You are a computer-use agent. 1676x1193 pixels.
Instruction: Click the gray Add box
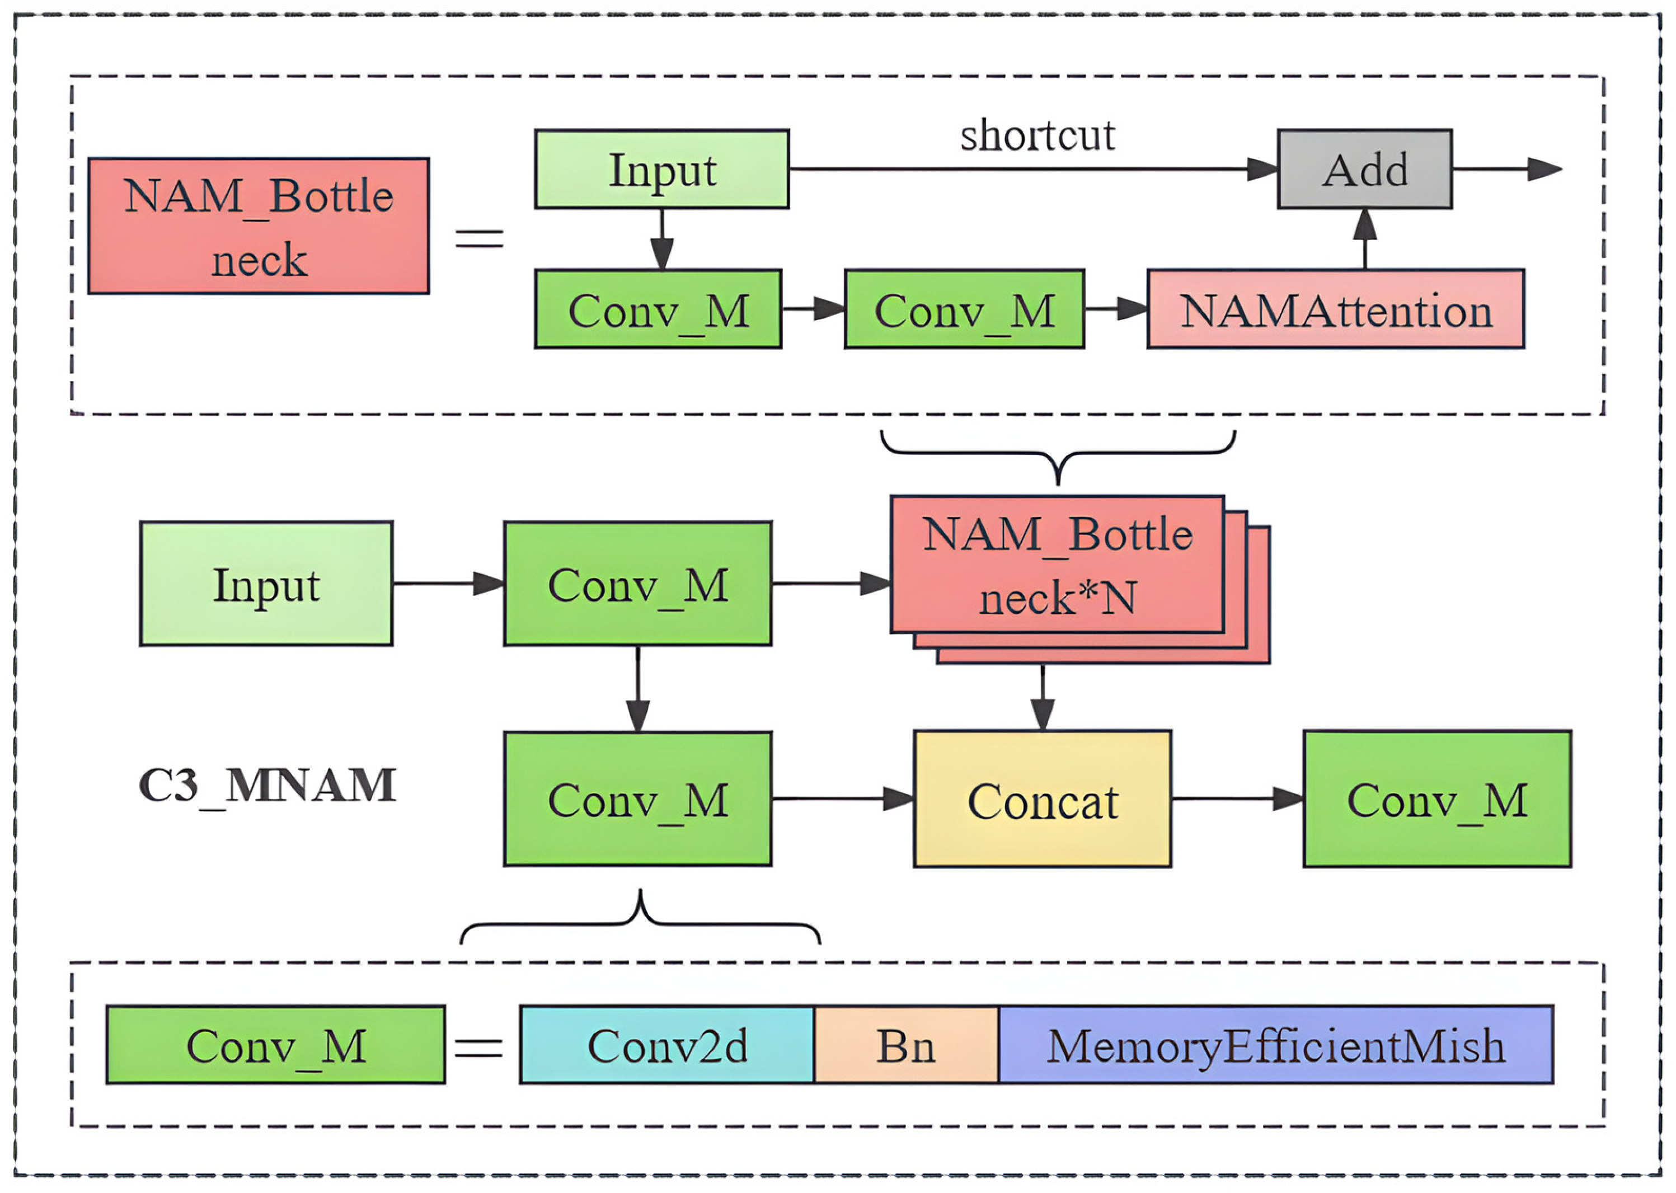click(x=1364, y=169)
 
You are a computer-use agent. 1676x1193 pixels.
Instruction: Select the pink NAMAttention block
click(x=1335, y=309)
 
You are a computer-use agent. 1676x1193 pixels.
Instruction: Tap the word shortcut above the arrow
click(x=1037, y=135)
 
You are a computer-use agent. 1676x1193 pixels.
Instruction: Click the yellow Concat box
click(x=1042, y=799)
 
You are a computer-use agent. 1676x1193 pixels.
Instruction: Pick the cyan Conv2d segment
click(x=667, y=1045)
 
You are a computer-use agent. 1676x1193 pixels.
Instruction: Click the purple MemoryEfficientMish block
click(x=1275, y=1045)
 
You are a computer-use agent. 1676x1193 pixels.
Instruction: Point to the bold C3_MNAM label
click(x=267, y=785)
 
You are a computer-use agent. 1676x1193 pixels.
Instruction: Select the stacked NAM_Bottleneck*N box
click(x=1058, y=565)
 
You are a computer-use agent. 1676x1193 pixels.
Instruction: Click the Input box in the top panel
click(x=662, y=169)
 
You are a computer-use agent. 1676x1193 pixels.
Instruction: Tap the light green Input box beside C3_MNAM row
click(x=266, y=584)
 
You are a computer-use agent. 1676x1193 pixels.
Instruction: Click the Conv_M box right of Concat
click(x=1437, y=799)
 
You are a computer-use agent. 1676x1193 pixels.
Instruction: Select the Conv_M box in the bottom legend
click(x=275, y=1045)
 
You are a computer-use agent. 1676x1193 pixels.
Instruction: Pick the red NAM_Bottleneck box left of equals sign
click(x=259, y=226)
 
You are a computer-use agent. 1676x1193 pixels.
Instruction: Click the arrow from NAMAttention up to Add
click(x=1365, y=239)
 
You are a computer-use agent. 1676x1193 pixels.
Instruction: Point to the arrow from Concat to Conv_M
click(x=1237, y=799)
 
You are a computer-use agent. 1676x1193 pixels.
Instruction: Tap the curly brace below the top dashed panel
click(x=1058, y=455)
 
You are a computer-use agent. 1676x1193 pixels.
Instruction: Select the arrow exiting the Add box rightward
click(x=1506, y=169)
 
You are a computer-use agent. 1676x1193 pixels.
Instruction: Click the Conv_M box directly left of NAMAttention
click(x=964, y=309)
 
